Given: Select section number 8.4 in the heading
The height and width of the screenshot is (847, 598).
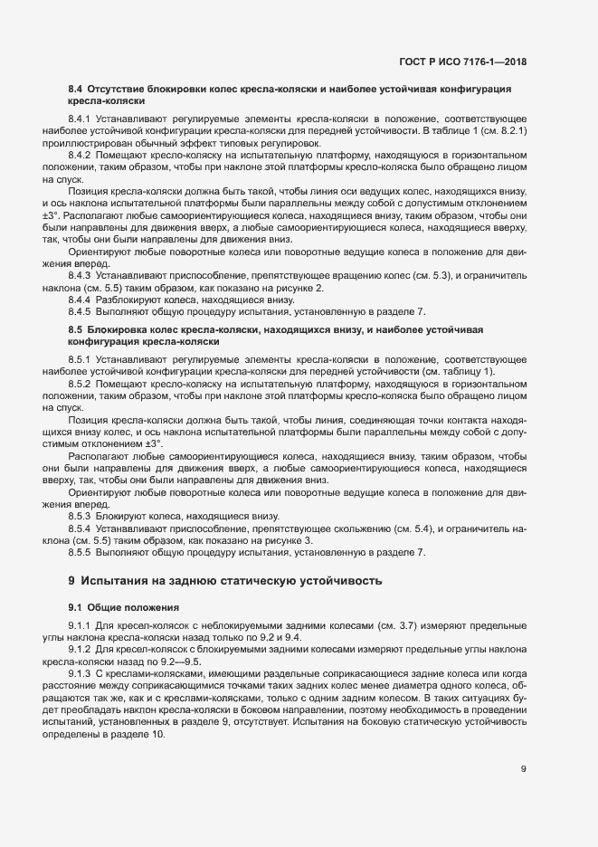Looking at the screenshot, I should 76,90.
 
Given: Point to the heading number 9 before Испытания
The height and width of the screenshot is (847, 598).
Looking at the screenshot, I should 71,579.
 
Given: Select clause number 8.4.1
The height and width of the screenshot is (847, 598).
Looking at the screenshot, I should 80,119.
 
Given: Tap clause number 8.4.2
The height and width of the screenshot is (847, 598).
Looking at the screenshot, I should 80,156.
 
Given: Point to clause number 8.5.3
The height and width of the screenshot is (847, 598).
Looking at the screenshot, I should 80,515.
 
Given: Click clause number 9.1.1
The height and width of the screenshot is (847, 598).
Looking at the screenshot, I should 80,627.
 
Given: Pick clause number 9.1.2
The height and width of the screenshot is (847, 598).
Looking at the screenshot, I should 80,651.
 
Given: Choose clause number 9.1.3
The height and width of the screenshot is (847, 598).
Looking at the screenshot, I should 80,674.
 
